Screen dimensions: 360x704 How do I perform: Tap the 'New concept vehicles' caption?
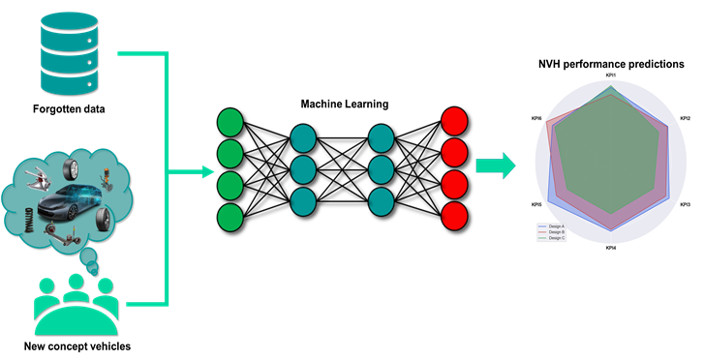77,345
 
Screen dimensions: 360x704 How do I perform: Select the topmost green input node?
230,122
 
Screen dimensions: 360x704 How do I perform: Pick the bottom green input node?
230,215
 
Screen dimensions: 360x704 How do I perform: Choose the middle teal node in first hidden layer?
303,168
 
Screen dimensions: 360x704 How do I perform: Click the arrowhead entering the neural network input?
205,173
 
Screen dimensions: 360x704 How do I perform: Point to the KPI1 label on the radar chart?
611,76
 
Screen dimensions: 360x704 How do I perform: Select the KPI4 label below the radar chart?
611,249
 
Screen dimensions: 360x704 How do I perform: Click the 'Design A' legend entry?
556,226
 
